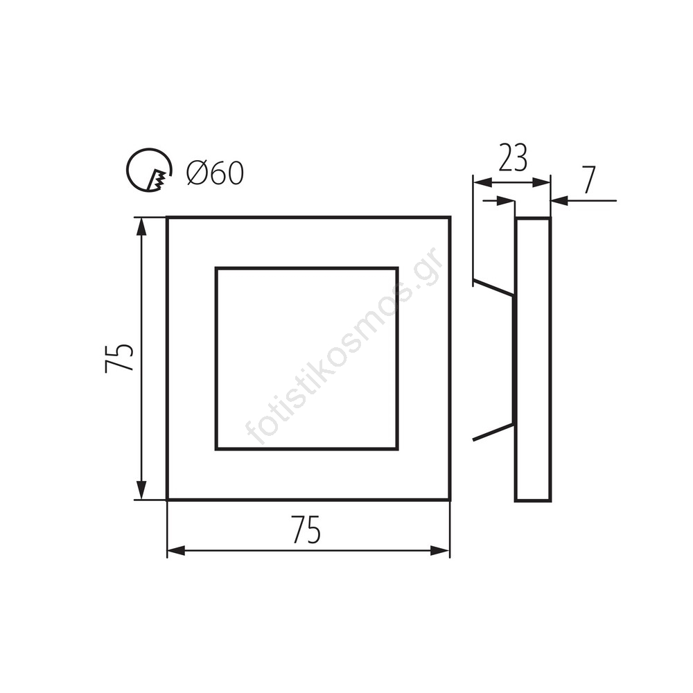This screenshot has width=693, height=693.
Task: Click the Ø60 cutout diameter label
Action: pyautogui.click(x=215, y=173)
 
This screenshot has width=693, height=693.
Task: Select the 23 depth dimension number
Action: pyautogui.click(x=513, y=158)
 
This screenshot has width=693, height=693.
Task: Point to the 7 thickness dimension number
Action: pyautogui.click(x=589, y=180)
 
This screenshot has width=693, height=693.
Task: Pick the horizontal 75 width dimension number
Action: pyautogui.click(x=306, y=530)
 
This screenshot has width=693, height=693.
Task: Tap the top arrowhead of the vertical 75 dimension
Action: pyautogui.click(x=141, y=227)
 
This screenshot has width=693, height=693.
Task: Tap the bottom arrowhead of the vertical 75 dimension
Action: pyautogui.click(x=141, y=490)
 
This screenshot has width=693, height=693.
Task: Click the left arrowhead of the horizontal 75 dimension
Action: pyautogui.click(x=176, y=551)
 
